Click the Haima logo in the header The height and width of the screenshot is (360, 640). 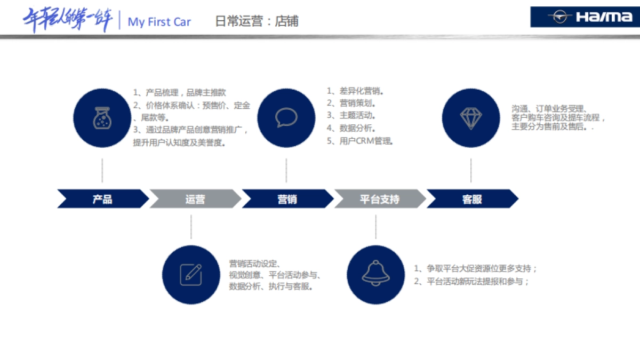point(585,17)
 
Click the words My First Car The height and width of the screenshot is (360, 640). point(159,22)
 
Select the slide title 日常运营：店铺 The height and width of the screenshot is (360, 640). point(257,21)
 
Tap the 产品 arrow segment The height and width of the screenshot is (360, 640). point(102,199)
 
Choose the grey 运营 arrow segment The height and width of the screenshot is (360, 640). point(195,199)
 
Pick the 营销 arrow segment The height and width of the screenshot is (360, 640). point(287,199)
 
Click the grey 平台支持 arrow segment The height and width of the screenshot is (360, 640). point(380,199)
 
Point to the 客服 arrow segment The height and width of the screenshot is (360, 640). point(472,199)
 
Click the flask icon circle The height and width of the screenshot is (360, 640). point(102,118)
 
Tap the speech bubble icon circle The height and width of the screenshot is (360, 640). point(286,118)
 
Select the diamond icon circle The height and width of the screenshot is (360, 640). point(471,118)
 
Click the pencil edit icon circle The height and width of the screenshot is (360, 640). point(191,274)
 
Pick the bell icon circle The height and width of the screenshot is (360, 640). point(375,274)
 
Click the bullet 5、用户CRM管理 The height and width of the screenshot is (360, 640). point(360,141)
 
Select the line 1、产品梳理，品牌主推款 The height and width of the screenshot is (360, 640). point(180,93)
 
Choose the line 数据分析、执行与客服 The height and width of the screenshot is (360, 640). point(271,286)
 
